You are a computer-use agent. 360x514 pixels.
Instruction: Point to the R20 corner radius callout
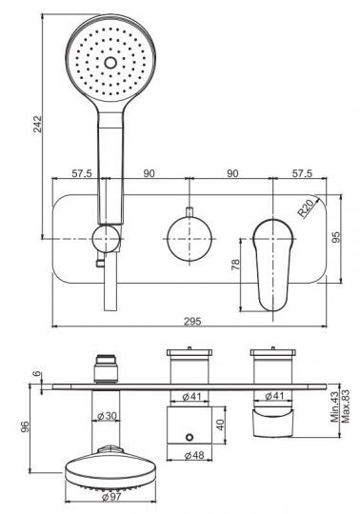pos(306,206)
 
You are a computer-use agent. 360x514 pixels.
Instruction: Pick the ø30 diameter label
pos(108,414)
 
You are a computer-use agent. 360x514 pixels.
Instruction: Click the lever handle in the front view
pos(273,262)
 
